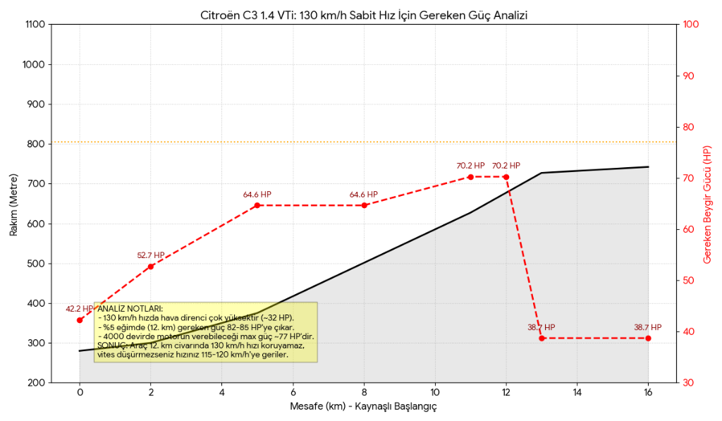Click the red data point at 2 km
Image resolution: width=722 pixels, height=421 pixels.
[151, 267]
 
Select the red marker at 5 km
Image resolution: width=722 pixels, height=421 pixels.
[257, 205]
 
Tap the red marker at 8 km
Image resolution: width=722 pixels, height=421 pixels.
[365, 205]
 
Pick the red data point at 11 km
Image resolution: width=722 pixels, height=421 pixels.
[470, 177]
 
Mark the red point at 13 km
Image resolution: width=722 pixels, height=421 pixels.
[541, 338]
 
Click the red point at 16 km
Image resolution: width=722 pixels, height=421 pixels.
[648, 338]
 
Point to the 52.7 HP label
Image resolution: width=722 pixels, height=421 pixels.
[151, 255]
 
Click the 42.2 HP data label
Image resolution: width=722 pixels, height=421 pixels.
[79, 309]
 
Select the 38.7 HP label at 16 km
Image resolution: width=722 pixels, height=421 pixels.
[647, 327]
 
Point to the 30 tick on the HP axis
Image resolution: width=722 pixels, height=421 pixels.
[689, 383]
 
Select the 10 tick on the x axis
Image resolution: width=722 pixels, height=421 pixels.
[435, 393]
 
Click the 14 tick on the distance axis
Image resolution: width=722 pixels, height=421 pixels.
[577, 393]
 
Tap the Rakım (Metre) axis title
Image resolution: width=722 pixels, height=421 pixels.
[14, 204]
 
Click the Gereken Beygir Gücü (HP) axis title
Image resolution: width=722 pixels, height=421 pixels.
[708, 205]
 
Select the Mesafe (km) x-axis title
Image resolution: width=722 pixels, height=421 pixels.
[364, 407]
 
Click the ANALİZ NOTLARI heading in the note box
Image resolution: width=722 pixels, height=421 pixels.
[130, 309]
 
